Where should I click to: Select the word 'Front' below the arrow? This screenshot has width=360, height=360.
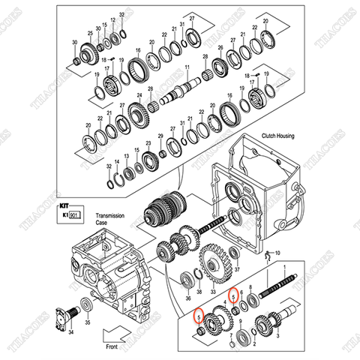(113, 347)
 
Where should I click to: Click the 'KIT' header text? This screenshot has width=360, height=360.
(64, 203)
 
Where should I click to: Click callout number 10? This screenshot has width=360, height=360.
(277, 253)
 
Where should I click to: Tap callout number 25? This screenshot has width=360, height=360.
(91, 34)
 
